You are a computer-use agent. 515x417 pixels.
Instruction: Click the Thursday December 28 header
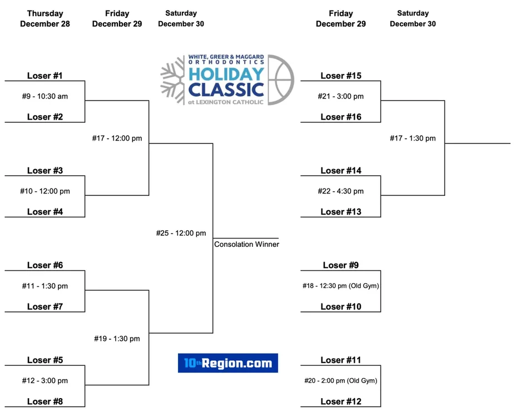click(45, 18)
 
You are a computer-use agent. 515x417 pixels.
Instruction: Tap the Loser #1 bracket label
click(44, 76)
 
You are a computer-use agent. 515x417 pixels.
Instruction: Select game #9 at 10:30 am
click(45, 96)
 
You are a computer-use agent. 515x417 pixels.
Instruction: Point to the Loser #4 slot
click(45, 212)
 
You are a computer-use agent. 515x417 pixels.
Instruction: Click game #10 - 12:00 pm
click(45, 191)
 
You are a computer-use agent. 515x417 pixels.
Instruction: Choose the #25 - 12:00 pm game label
click(181, 233)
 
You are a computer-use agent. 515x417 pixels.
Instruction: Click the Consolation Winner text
click(247, 244)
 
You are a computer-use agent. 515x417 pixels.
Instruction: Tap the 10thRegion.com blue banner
click(228, 363)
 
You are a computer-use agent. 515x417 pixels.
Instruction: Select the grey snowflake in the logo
click(173, 80)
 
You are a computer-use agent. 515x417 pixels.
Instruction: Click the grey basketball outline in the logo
click(281, 80)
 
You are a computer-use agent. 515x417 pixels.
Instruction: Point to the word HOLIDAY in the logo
click(226, 74)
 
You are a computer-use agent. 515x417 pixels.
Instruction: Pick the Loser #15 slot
click(341, 76)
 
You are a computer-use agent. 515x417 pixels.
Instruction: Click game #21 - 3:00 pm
click(340, 96)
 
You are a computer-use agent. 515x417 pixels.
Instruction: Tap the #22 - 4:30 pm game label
click(340, 191)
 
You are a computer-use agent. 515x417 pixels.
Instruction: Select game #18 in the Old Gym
click(340, 286)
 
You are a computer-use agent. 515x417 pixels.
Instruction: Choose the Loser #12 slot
click(341, 401)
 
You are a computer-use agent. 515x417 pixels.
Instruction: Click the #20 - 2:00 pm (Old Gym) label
click(340, 380)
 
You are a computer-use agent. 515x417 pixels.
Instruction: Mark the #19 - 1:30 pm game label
click(117, 339)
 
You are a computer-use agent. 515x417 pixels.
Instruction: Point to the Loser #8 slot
click(45, 401)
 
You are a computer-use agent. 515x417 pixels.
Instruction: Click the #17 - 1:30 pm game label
click(413, 138)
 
